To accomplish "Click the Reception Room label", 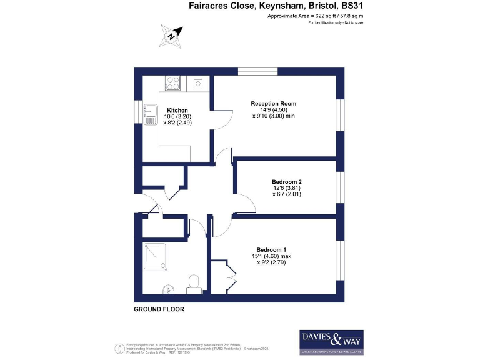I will (x=273, y=103).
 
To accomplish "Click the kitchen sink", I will (x=150, y=114).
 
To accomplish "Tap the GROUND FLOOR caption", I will (x=159, y=309).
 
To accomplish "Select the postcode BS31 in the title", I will (x=352, y=6).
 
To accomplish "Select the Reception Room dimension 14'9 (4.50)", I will (x=273, y=110).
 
